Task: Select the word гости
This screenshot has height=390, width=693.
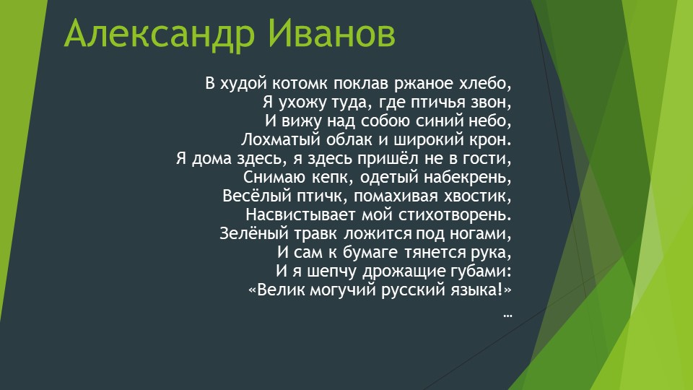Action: pos(491,158)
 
